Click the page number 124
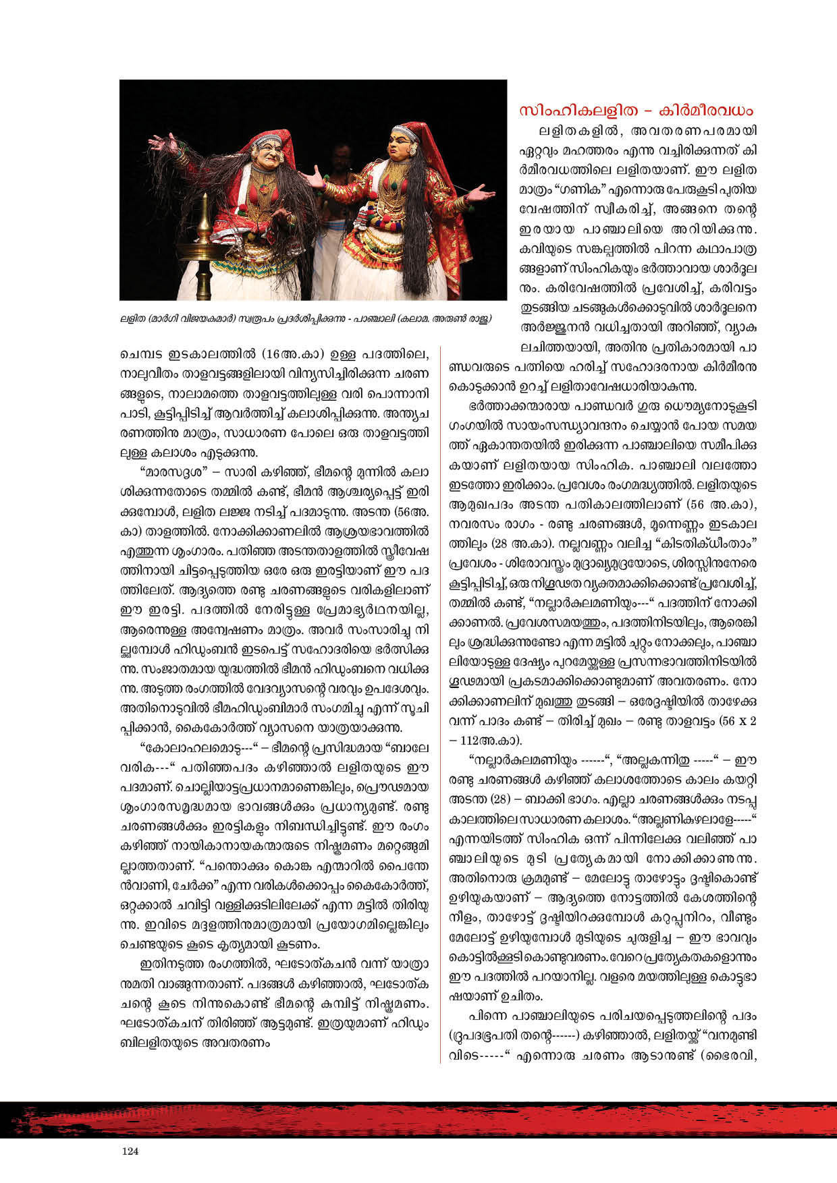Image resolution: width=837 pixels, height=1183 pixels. [x=130, y=1151]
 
